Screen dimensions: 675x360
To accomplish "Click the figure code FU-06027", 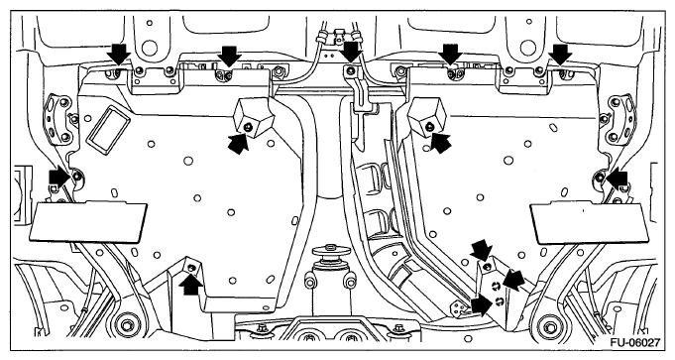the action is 634,343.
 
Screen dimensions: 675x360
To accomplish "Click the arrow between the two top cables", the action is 352,52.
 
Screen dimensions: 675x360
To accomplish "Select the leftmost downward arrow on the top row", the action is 119,54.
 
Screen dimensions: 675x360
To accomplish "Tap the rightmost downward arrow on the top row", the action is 561,54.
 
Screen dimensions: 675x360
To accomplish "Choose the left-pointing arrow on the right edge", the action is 617,179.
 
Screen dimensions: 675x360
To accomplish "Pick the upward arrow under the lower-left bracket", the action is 192,284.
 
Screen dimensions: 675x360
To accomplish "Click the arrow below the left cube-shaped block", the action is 239,143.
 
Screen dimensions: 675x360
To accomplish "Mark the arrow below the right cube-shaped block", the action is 440,142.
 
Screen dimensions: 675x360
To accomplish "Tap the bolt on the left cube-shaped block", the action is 247,127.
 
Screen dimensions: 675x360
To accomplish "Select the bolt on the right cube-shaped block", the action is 429,126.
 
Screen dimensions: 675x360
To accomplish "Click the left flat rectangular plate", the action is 88,221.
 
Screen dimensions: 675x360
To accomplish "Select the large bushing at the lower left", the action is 126,324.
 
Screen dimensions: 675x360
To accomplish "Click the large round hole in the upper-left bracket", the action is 149,47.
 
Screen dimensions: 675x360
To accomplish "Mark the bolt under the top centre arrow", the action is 351,69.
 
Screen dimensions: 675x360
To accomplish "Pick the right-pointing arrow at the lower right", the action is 483,304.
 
